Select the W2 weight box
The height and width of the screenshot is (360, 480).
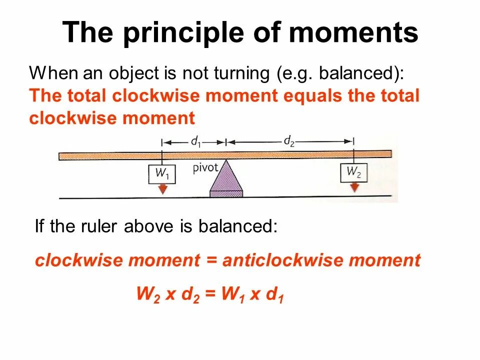(354, 173)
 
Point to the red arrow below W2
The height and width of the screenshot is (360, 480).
(354, 188)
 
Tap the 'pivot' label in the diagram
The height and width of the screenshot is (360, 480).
(205, 167)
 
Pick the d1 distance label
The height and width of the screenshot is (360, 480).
(195, 142)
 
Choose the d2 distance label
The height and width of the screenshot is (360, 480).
(289, 141)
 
